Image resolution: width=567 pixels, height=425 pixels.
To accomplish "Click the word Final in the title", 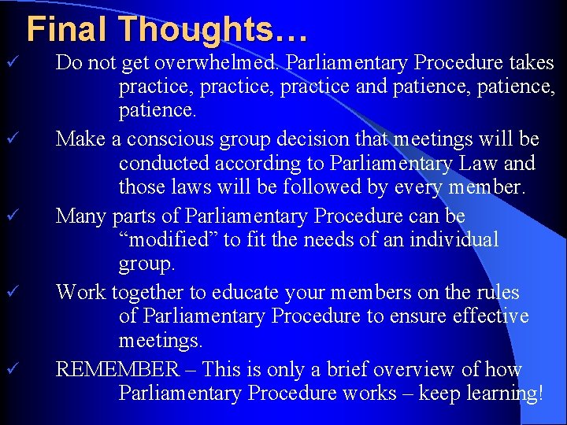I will [x=69, y=30].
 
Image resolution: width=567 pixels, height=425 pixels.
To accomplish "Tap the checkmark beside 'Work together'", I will [x=11, y=292].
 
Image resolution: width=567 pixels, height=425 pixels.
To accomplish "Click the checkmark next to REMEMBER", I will [x=11, y=368].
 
